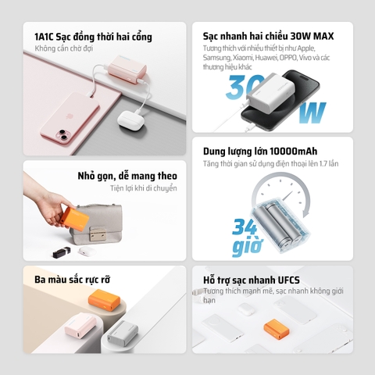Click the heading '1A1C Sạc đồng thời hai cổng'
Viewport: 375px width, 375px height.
point(93,37)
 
